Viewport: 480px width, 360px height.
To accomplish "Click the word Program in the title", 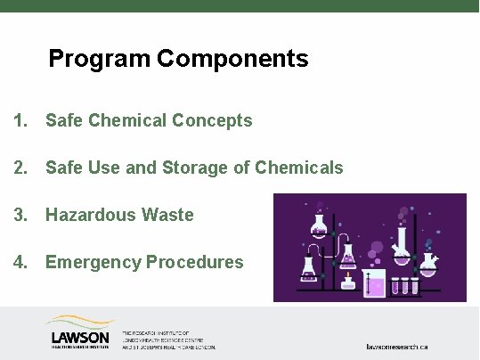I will tap(99, 60).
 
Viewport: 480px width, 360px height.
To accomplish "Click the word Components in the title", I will tap(233, 60).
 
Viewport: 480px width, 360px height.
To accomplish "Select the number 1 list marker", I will tap(20, 120).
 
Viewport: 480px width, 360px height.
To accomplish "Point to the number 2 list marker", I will tap(20, 168).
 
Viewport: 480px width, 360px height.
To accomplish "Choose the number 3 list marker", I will tap(20, 215).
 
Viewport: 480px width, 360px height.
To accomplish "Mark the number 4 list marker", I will tap(20, 262).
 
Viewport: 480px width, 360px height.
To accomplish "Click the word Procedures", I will tap(194, 262).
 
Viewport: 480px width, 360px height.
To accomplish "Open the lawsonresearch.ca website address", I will tap(398, 345).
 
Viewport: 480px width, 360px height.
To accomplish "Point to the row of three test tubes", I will tap(405, 285).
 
